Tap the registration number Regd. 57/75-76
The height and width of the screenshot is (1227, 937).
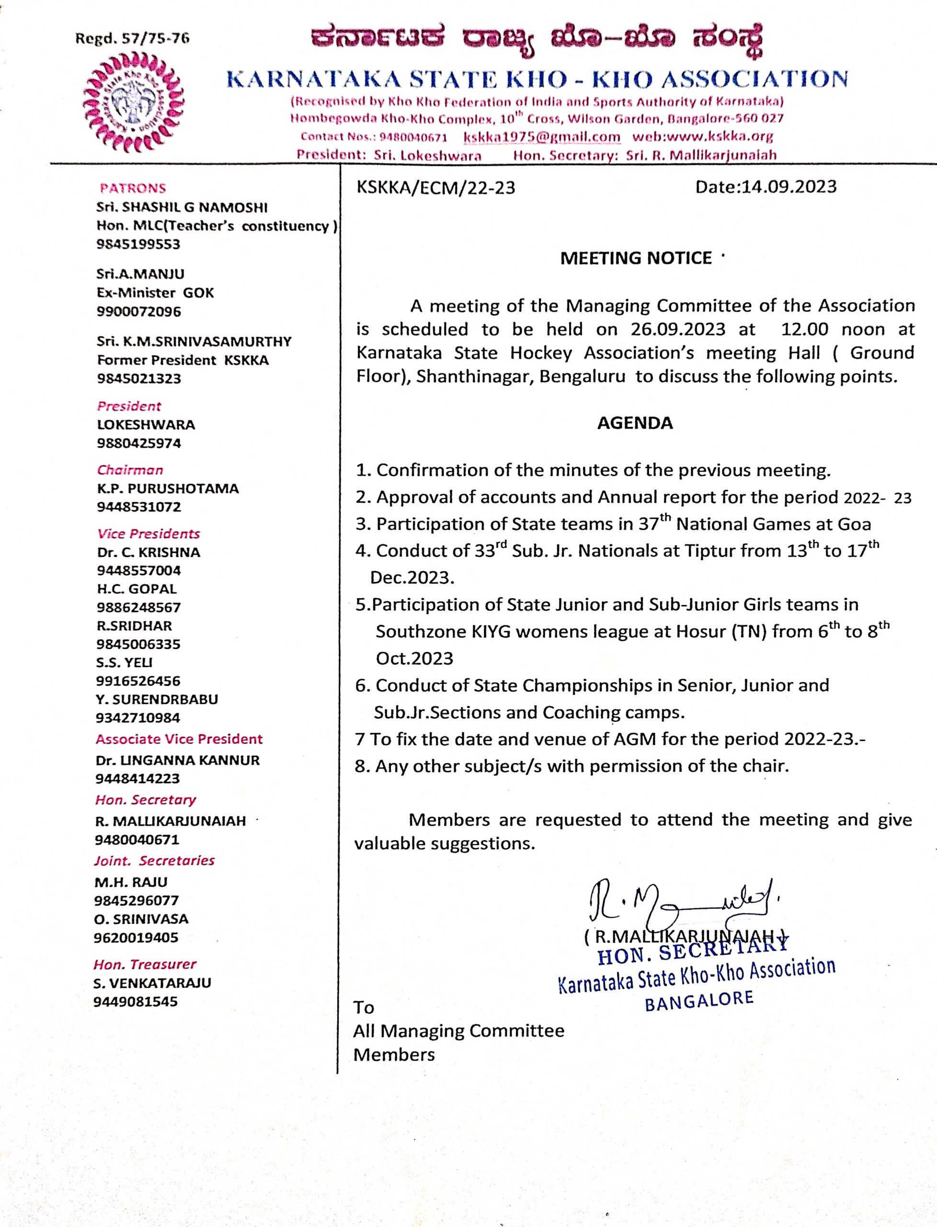pyautogui.click(x=132, y=38)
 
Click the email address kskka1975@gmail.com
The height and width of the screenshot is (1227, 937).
pyautogui.click(x=542, y=137)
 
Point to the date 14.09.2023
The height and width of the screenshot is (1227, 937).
pyautogui.click(x=788, y=186)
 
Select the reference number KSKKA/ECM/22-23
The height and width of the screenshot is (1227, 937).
pyautogui.click(x=435, y=187)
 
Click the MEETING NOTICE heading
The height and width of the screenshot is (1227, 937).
pyautogui.click(x=636, y=258)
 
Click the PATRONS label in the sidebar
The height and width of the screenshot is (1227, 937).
pyautogui.click(x=133, y=188)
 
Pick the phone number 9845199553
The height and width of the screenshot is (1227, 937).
pyautogui.click(x=138, y=244)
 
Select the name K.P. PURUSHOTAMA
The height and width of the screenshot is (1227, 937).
pyautogui.click(x=168, y=488)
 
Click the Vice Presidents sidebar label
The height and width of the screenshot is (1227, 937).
pyautogui.click(x=149, y=533)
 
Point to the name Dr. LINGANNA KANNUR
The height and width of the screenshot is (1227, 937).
pyautogui.click(x=177, y=760)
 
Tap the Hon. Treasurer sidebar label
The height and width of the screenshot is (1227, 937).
pyautogui.click(x=145, y=964)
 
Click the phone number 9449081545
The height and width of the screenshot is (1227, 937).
pyautogui.click(x=136, y=1001)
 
